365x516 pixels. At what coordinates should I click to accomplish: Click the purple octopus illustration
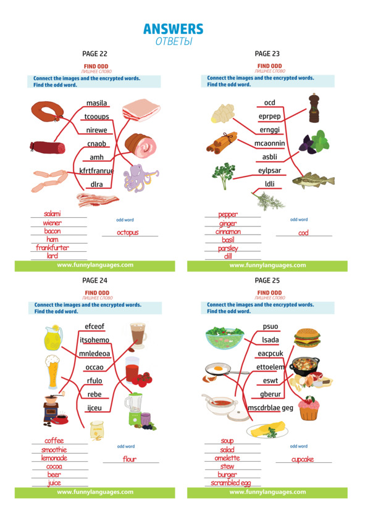140,178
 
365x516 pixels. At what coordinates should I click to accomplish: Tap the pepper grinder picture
314,108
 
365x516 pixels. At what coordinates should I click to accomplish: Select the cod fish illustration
313,180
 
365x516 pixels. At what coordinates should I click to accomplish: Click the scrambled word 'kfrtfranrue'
96,171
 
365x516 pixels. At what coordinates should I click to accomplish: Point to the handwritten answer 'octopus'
127,232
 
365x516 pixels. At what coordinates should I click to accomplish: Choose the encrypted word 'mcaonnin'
269,143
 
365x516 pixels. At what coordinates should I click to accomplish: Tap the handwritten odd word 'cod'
303,233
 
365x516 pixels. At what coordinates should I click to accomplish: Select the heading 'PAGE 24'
95,280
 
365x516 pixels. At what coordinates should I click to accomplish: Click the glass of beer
52,372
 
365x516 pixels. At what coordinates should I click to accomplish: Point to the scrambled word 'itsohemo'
94,340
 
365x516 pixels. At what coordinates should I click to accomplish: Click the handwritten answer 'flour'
130,459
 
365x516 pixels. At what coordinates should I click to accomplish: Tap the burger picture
307,338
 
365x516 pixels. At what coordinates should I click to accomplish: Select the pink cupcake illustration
309,408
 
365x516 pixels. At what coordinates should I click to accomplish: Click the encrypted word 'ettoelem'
270,367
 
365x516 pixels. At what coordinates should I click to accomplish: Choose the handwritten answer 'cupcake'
303,459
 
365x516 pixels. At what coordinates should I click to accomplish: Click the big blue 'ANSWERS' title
174,29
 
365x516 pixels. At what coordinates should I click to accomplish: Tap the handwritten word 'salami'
52,214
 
